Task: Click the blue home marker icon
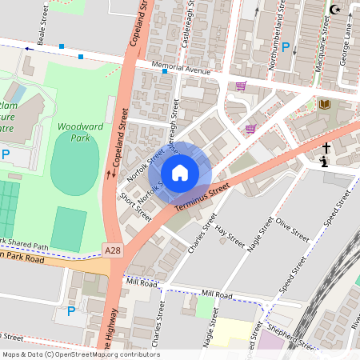180,172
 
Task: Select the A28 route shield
114,250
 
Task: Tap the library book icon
324,104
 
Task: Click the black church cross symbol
326,148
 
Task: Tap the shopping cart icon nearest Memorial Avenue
241,86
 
